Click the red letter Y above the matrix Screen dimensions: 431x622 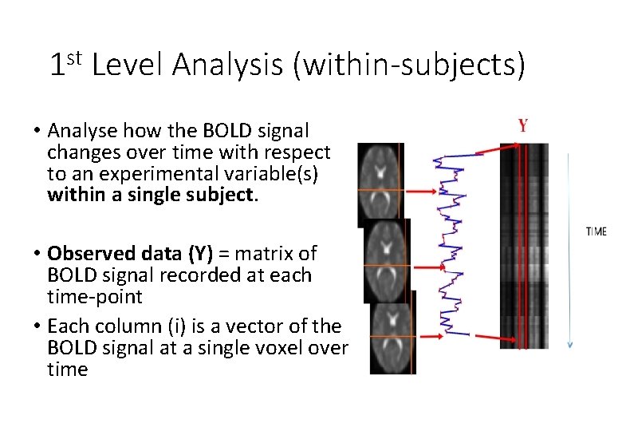(522, 125)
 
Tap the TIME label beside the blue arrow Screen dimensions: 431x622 (596, 231)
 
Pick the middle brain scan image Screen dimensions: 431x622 (387, 260)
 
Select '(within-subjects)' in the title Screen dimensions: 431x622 (410, 65)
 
